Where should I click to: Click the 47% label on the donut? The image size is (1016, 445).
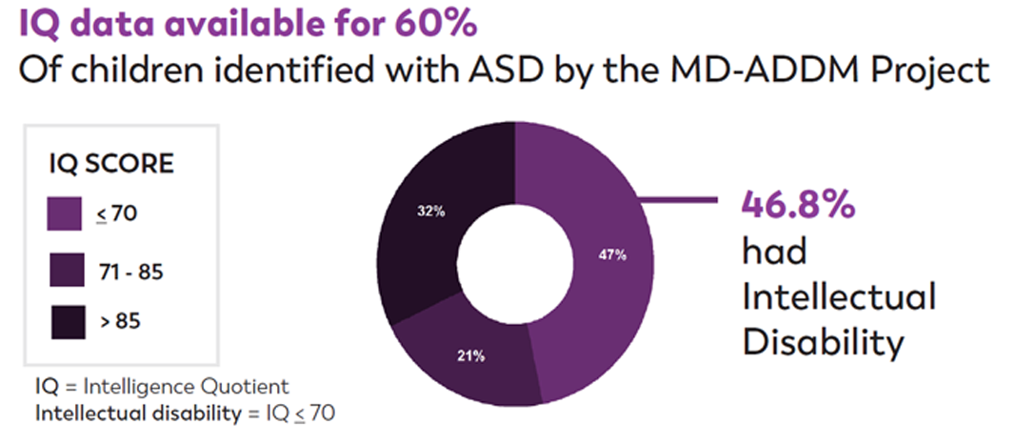[x=612, y=254]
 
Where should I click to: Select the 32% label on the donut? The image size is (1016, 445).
[x=431, y=212]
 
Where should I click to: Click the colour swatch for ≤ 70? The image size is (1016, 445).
[x=65, y=213]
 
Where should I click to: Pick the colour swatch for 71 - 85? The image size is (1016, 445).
[x=65, y=272]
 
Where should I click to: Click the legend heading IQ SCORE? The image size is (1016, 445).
[x=111, y=164]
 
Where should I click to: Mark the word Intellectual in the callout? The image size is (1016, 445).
[x=839, y=297]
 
